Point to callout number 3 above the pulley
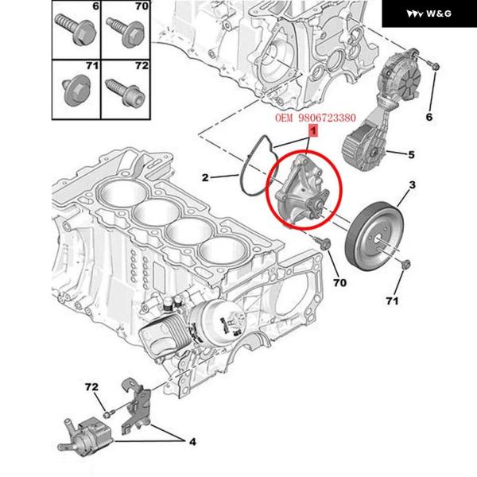point(413,186)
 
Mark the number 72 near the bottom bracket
point(91,387)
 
